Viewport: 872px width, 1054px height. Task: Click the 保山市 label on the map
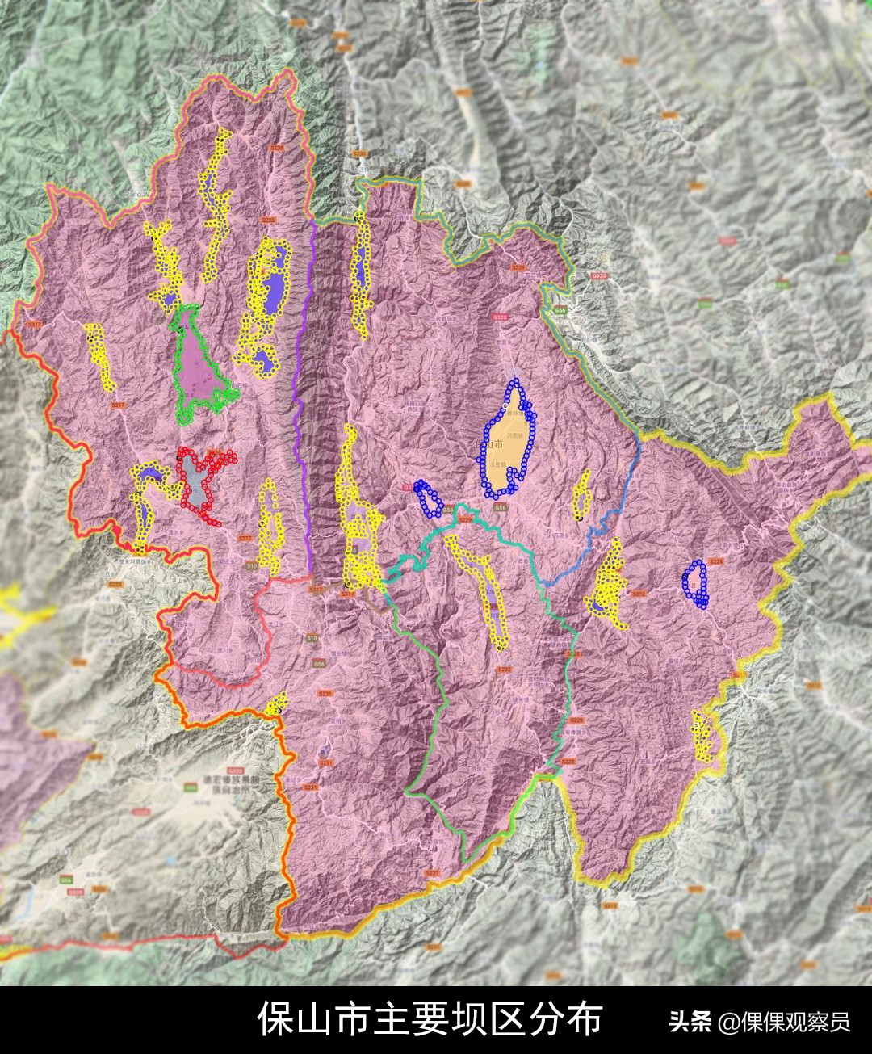tap(492, 445)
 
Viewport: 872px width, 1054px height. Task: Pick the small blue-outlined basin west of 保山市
tap(428, 498)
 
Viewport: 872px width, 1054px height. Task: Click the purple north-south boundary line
tap(304, 404)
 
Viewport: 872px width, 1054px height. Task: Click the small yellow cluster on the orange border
tap(278, 703)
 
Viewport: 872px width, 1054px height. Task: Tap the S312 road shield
tap(639, 594)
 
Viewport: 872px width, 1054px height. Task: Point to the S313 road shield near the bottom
tap(609, 906)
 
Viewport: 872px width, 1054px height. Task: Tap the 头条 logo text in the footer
tap(690, 1022)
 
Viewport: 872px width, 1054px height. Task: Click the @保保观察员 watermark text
tap(785, 1022)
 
